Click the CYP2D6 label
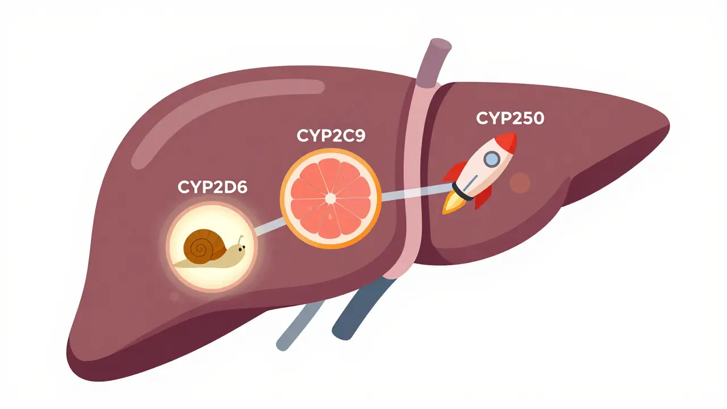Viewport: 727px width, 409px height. pyautogui.click(x=212, y=188)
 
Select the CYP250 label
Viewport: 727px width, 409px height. pyautogui.click(x=509, y=118)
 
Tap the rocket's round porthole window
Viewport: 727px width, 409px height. pyautogui.click(x=491, y=160)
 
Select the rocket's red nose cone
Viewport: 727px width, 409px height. pyautogui.click(x=507, y=143)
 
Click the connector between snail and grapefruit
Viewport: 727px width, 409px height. pyautogui.click(x=268, y=226)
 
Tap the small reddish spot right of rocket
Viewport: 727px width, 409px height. pyautogui.click(x=520, y=183)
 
